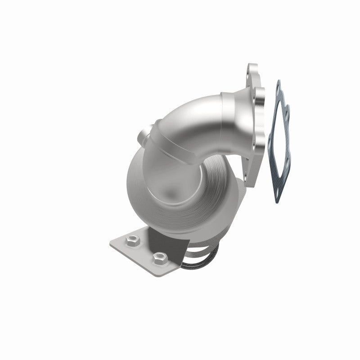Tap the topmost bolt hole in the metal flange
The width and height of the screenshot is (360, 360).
coord(252,72)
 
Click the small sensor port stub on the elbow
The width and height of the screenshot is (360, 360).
coord(142,135)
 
